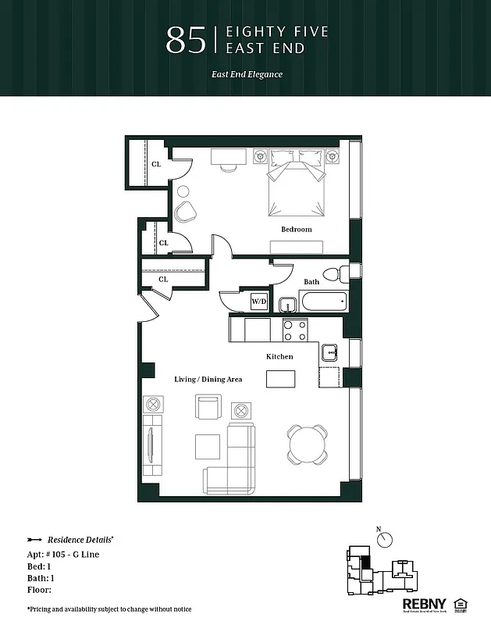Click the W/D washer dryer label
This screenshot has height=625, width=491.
click(x=258, y=302)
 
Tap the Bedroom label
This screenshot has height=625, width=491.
click(x=296, y=229)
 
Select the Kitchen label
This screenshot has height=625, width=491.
click(x=279, y=356)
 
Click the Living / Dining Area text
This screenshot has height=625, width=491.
click(x=208, y=379)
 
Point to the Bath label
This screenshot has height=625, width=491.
click(x=311, y=281)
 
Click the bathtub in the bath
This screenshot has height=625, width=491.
click(x=322, y=302)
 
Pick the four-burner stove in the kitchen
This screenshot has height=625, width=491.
click(x=294, y=330)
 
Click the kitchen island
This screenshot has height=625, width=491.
click(x=282, y=379)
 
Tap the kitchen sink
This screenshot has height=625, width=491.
click(x=329, y=352)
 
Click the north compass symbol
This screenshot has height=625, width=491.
click(x=386, y=539)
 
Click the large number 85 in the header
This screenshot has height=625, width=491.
click(x=186, y=41)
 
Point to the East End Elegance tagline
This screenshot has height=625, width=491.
click(x=246, y=75)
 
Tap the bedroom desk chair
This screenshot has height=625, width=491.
click(x=228, y=166)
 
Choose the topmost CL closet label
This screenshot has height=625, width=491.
click(x=156, y=164)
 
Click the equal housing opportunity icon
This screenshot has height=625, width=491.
click(x=459, y=603)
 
